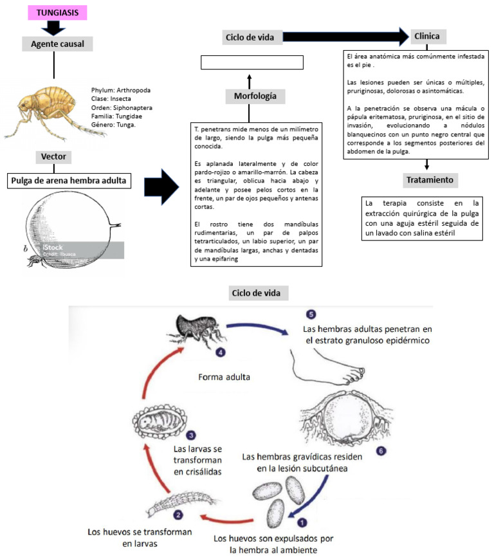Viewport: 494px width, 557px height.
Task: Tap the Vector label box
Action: tap(53, 156)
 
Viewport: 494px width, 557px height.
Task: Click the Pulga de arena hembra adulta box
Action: tap(71, 181)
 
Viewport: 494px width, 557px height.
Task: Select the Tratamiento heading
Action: tap(431, 180)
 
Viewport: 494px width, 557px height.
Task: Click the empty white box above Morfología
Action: tap(252, 62)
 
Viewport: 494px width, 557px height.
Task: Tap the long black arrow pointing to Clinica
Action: tap(345, 37)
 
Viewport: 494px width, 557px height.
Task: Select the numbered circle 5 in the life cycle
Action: tap(311, 315)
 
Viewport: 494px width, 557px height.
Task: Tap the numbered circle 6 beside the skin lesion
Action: tap(381, 451)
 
